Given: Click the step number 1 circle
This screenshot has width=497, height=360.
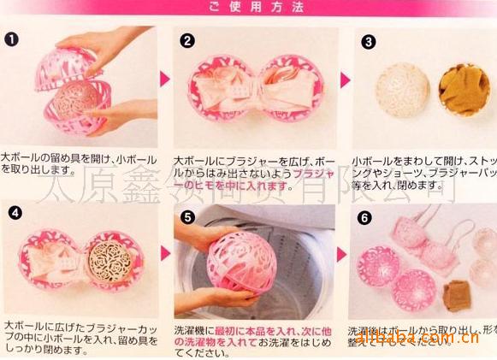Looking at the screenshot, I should pos(11,39).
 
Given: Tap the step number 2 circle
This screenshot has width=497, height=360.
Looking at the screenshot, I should pos(187,39).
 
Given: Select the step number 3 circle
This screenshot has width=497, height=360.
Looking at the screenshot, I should pos(368,40).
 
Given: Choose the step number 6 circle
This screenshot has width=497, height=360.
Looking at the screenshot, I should pos(365,216).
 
